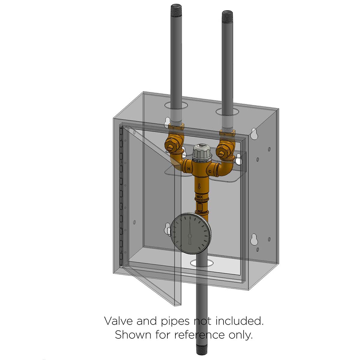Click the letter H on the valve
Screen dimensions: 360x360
[188, 169]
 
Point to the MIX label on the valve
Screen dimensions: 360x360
[199, 197]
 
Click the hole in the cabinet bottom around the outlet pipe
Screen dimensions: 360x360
[202, 263]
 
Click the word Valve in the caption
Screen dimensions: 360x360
[118, 321]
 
